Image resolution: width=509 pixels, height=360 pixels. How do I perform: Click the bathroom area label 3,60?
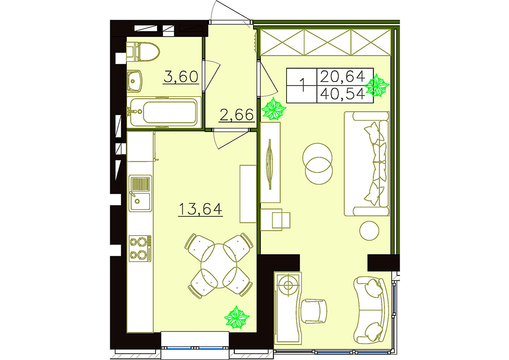click(x=181, y=77)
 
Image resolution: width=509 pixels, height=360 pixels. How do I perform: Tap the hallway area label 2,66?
click(x=236, y=115)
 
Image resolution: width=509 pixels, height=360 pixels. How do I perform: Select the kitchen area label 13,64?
click(x=200, y=209)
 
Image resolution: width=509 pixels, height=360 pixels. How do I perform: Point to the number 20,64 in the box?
click(x=343, y=77)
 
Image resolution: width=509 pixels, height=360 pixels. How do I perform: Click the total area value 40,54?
click(x=343, y=94)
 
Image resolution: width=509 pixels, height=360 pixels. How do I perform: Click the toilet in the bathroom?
click(x=143, y=52)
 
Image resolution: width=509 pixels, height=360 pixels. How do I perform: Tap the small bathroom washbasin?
click(x=134, y=81)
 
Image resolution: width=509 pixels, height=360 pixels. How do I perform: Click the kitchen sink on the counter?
click(x=140, y=193)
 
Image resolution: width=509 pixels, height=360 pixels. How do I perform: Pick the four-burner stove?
click(x=140, y=248)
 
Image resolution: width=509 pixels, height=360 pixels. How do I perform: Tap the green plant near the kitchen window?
click(x=237, y=317)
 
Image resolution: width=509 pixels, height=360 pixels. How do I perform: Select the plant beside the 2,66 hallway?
click(x=274, y=109)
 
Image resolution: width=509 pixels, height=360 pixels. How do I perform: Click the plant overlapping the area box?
click(x=377, y=85)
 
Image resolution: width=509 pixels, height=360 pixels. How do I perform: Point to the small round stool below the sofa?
click(x=369, y=230)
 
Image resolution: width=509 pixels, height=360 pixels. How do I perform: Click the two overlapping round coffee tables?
click(x=318, y=164)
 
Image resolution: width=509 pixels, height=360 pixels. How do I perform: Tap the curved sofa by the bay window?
click(x=371, y=311)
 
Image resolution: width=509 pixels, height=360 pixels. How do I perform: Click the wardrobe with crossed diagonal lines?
click(x=326, y=42)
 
